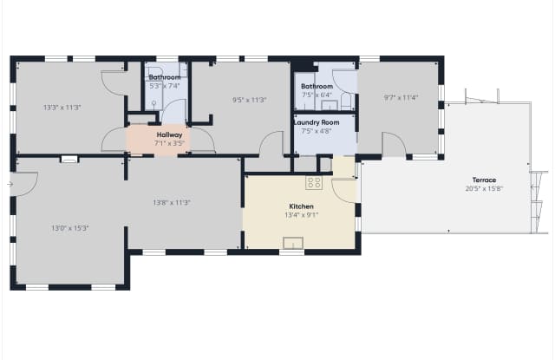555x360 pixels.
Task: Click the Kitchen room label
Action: [301, 206]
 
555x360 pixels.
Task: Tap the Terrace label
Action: [484, 180]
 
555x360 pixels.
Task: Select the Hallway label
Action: [170, 134]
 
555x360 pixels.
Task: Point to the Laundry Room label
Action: [317, 122]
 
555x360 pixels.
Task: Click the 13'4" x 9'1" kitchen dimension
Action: [302, 215]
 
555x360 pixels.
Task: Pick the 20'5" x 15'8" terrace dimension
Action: [484, 188]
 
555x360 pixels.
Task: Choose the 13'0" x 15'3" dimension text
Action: [70, 228]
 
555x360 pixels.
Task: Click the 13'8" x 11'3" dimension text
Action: [172, 203]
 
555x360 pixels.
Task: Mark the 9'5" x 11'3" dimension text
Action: [249, 100]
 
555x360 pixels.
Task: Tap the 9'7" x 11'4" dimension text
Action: [401, 97]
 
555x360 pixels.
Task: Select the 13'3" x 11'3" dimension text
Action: [62, 108]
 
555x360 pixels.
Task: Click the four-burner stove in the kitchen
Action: [314, 183]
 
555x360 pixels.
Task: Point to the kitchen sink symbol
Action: [293, 243]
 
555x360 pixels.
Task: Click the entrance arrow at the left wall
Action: [10, 184]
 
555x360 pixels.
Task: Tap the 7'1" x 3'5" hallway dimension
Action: [170, 143]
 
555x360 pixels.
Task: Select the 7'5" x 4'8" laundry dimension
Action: [317, 131]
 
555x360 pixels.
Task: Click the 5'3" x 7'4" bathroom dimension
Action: [165, 86]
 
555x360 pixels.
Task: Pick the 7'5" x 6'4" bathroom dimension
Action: [317, 95]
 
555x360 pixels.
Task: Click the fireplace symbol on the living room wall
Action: [69, 160]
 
